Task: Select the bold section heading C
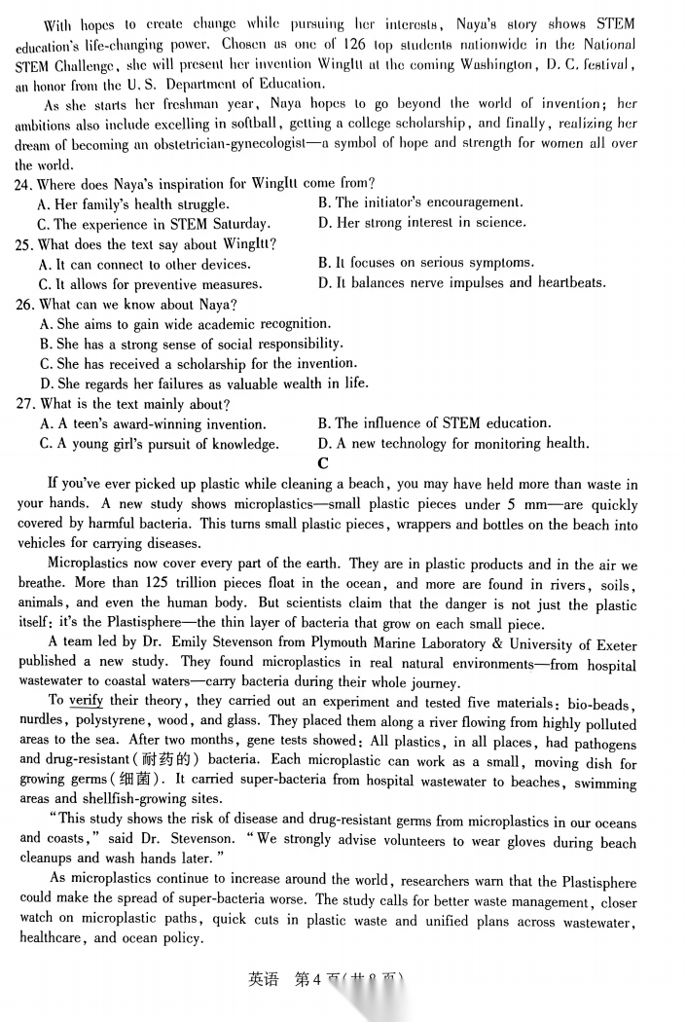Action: [x=323, y=463]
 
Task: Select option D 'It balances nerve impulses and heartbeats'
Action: [x=461, y=283]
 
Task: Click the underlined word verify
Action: [x=86, y=701]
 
